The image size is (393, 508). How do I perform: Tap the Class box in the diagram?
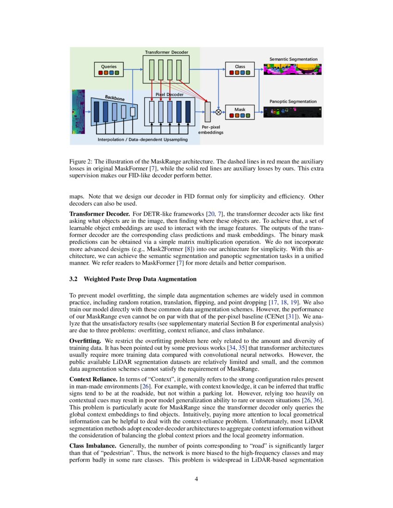tap(239, 69)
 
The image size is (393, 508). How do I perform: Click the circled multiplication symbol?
tap(218, 112)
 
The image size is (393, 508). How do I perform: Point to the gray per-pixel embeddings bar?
tap(207, 109)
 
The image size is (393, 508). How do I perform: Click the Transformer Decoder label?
tap(166, 53)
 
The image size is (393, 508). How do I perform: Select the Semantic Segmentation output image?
tap(292, 69)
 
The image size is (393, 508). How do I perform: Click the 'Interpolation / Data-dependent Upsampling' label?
tap(142, 139)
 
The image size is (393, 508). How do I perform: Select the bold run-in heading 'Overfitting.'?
tap(83, 340)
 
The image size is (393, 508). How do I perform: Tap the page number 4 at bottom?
tap(196, 479)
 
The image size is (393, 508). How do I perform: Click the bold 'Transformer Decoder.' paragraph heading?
tap(99, 214)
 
